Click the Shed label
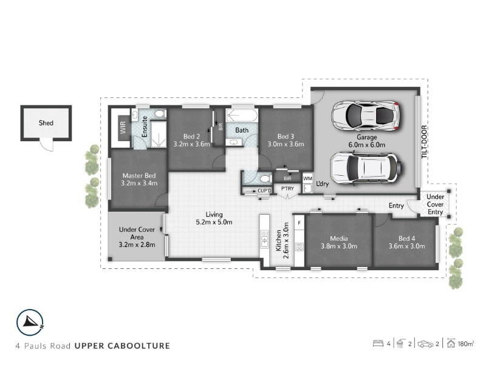pyautogui.click(x=46, y=123)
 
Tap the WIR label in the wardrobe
pyautogui.click(x=123, y=128)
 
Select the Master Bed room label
pyautogui.click(x=139, y=176)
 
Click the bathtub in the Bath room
pyautogui.click(x=242, y=115)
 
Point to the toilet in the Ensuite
pyautogui.click(x=160, y=114)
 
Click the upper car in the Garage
pyautogui.click(x=366, y=116)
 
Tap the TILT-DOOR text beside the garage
pyautogui.click(x=424, y=142)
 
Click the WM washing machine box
pyautogui.click(x=307, y=178)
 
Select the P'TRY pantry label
pyautogui.click(x=287, y=189)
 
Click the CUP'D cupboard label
pyautogui.click(x=264, y=190)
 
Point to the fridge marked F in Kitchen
pyautogui.click(x=299, y=223)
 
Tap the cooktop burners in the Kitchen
pyautogui.click(x=299, y=247)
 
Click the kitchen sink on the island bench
pyautogui.click(x=264, y=239)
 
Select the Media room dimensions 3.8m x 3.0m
pyautogui.click(x=339, y=246)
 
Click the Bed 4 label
pyautogui.click(x=406, y=238)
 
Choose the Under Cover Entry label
pyautogui.click(x=435, y=204)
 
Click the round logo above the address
pyautogui.click(x=30, y=323)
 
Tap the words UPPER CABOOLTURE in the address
pyautogui.click(x=122, y=346)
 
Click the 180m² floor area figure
pyautogui.click(x=466, y=344)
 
